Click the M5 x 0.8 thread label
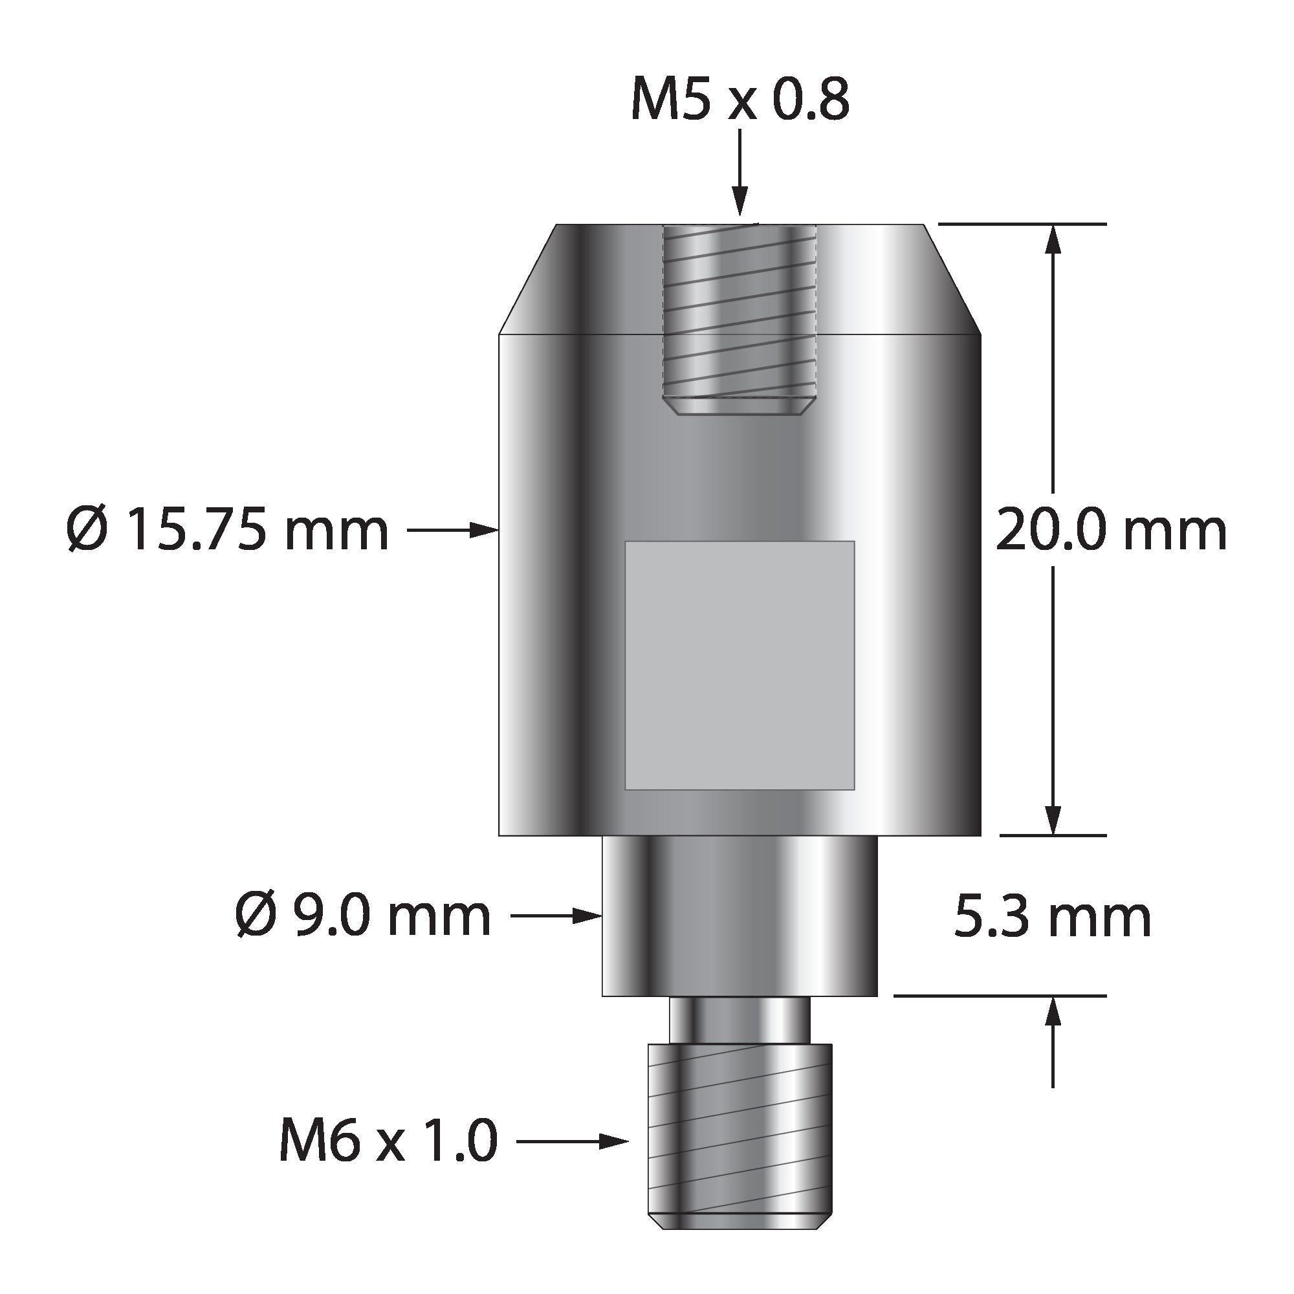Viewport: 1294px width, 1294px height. point(740,100)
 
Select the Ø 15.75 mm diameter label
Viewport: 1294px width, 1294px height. point(228,530)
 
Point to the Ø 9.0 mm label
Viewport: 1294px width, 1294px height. point(364,917)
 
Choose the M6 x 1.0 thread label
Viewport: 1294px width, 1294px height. point(388,1141)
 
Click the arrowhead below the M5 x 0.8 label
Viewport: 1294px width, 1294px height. point(740,204)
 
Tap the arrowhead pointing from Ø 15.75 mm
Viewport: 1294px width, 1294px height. point(486,531)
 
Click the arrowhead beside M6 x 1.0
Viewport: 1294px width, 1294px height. point(614,1141)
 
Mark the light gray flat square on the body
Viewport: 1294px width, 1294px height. point(740,665)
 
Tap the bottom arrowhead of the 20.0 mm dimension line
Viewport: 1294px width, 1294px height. point(1053,820)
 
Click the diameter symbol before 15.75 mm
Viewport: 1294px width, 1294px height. point(87,530)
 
